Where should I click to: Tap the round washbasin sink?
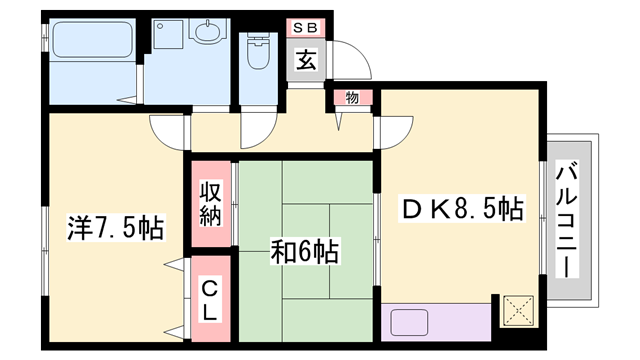point(207,32)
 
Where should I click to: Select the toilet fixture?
point(258,50)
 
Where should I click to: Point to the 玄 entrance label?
point(306,60)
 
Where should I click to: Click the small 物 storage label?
point(352,97)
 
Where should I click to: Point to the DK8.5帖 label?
point(463,211)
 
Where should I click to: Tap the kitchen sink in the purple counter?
point(412,323)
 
